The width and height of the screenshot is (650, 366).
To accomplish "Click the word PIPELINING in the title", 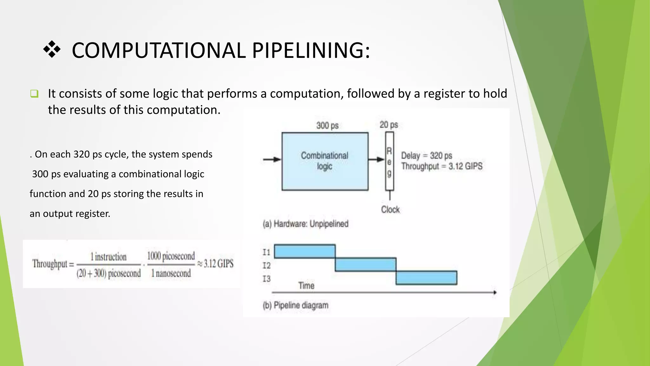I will point(311,51).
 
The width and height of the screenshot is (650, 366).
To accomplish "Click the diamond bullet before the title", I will point(52,50).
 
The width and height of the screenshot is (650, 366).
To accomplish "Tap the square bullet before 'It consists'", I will point(34,94).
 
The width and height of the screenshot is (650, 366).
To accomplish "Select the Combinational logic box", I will point(325,161).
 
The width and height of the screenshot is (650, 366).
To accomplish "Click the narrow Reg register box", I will point(389,161).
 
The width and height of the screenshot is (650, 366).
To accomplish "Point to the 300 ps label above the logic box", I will point(327,125).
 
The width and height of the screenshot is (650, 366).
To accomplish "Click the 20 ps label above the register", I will point(388,125).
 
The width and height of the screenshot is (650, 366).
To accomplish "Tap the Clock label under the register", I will point(390,209).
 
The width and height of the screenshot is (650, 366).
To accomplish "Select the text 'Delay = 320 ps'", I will point(426,156).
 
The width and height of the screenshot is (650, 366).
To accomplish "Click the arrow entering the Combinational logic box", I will point(272,159).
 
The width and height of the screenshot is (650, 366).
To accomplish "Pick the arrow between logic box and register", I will point(376,159).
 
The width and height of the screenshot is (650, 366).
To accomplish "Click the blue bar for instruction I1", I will point(304,251).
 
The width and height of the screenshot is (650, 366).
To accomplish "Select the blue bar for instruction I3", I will point(426,278).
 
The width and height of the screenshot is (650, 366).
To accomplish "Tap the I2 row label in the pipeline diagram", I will point(266,265).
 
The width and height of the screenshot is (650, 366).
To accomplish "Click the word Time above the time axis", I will point(306,286).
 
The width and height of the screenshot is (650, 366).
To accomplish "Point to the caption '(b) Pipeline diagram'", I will point(295,305).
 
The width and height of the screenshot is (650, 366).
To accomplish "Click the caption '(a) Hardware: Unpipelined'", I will point(305,224).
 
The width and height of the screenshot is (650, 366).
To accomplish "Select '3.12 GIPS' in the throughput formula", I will point(218,263).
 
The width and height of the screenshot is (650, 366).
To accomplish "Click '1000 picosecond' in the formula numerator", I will point(171,256).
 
